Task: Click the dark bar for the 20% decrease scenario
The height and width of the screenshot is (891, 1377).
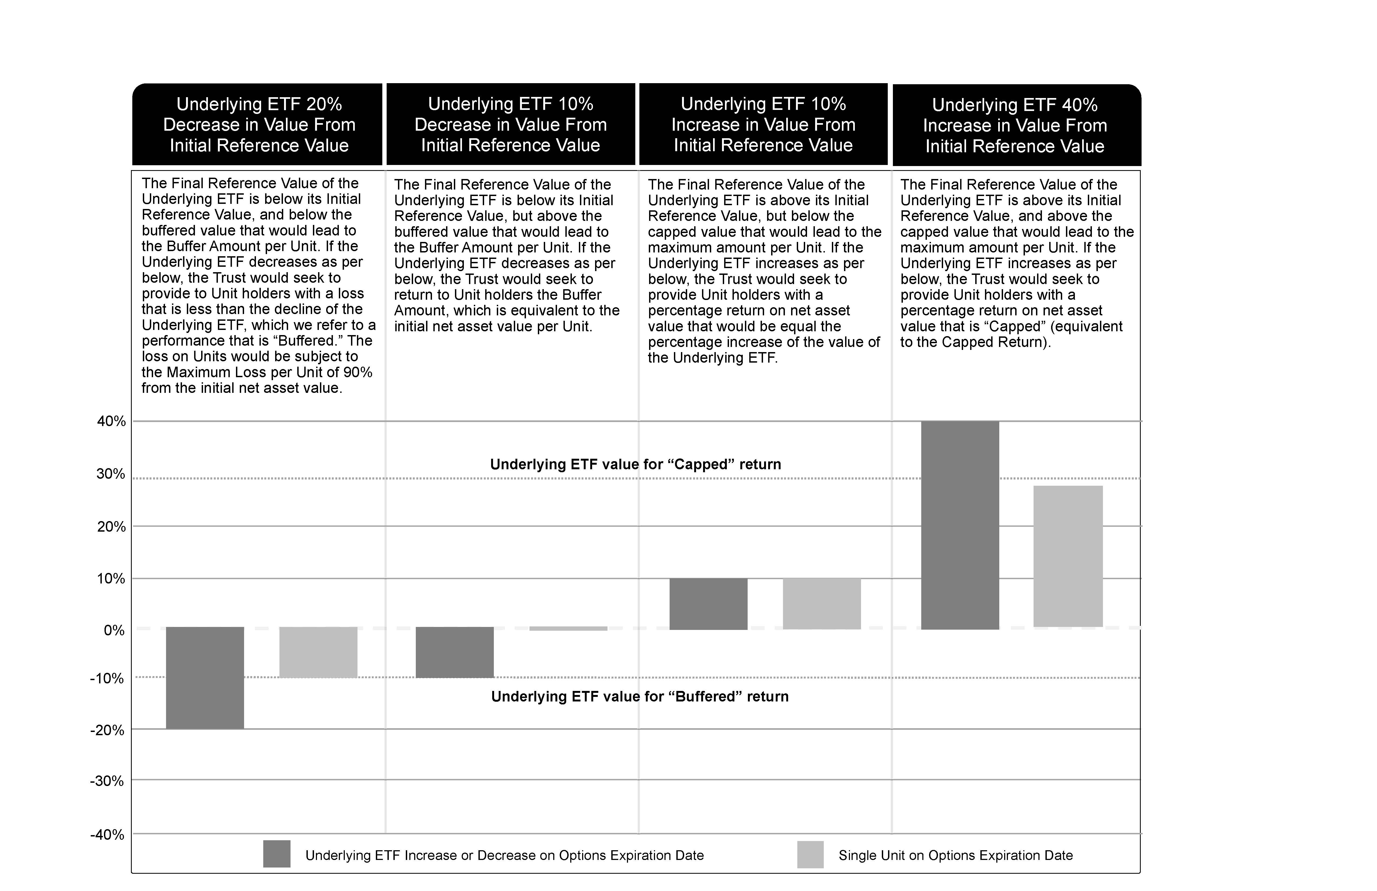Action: pos(205,677)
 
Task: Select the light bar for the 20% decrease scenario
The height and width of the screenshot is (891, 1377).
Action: pos(318,652)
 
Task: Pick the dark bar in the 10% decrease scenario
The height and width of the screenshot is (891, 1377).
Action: pos(455,652)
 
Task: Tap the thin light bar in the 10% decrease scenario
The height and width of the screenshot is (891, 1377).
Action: pos(568,628)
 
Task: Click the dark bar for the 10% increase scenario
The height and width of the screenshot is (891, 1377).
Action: pos(708,603)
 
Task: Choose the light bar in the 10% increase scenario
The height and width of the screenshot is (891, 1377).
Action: pos(822,603)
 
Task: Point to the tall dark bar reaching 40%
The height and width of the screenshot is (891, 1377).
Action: pos(960,525)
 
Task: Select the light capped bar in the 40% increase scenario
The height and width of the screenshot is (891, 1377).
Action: pos(1068,556)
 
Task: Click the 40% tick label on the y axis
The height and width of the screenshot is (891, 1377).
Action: pos(111,421)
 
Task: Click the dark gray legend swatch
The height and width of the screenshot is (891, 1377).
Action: pos(276,854)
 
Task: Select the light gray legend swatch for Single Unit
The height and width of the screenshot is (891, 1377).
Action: pos(810,854)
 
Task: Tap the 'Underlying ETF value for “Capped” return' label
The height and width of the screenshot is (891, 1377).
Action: pos(635,464)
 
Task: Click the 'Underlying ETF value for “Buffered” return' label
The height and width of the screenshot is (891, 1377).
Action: pos(639,696)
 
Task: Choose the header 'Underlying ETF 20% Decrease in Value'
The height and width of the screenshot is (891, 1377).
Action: pos(259,124)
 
